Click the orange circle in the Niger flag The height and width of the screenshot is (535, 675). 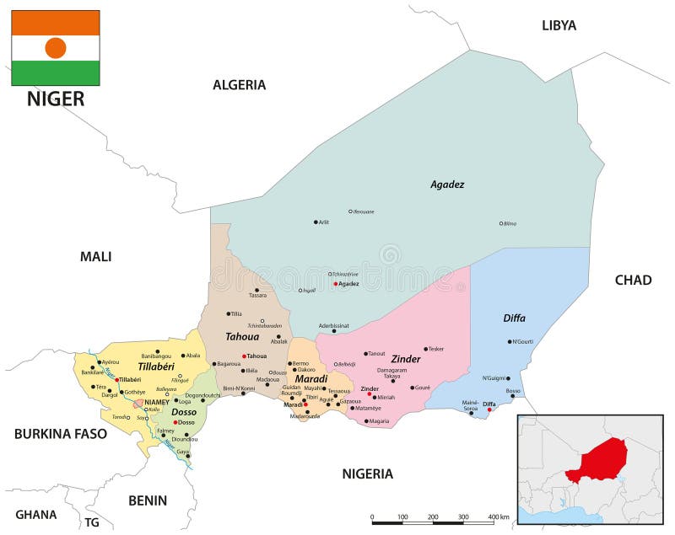tap(56, 48)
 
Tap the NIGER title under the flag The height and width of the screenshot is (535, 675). tap(56, 99)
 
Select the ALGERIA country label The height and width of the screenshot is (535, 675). tap(239, 84)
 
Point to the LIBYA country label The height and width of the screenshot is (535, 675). tap(559, 25)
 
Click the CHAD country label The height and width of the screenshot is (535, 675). tap(633, 280)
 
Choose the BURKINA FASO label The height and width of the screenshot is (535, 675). tap(61, 434)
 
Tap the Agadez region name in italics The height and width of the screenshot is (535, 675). tap(447, 185)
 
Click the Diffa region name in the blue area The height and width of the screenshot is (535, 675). tap(514, 318)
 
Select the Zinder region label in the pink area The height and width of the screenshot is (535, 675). tap(405, 359)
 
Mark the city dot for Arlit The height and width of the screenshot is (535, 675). tap(316, 222)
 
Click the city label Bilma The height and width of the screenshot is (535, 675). tap(510, 223)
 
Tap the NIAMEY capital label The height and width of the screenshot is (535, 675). tap(156, 403)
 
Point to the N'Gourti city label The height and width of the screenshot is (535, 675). tap(522, 341)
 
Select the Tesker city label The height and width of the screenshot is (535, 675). tap(436, 349)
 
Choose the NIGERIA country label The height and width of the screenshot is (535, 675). tap(367, 473)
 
